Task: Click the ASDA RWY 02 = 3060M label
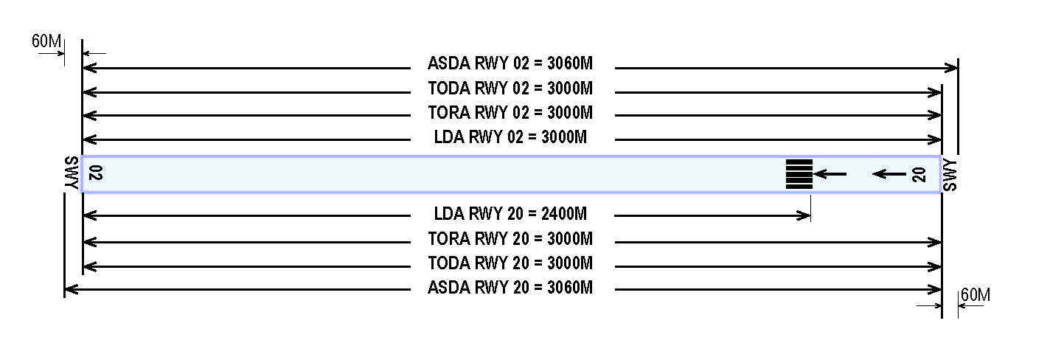click(510, 63)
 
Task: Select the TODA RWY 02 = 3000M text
click(510, 88)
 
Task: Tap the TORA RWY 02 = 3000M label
click(510, 112)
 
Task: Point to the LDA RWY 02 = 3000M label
click(510, 137)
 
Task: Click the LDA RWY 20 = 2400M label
click(510, 214)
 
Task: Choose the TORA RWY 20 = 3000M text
click(510, 238)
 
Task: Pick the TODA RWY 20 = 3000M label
click(510, 263)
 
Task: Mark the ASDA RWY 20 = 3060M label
click(510, 288)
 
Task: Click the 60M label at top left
click(46, 41)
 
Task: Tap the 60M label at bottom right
click(976, 295)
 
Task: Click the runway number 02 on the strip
click(95, 173)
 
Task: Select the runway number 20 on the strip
click(919, 175)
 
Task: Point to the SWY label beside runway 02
click(72, 173)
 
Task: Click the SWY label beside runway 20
click(950, 176)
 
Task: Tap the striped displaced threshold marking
click(799, 174)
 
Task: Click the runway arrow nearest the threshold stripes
click(830, 174)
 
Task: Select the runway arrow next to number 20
click(889, 174)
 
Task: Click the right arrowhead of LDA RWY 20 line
click(804, 215)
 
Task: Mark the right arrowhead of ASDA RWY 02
click(951, 68)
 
